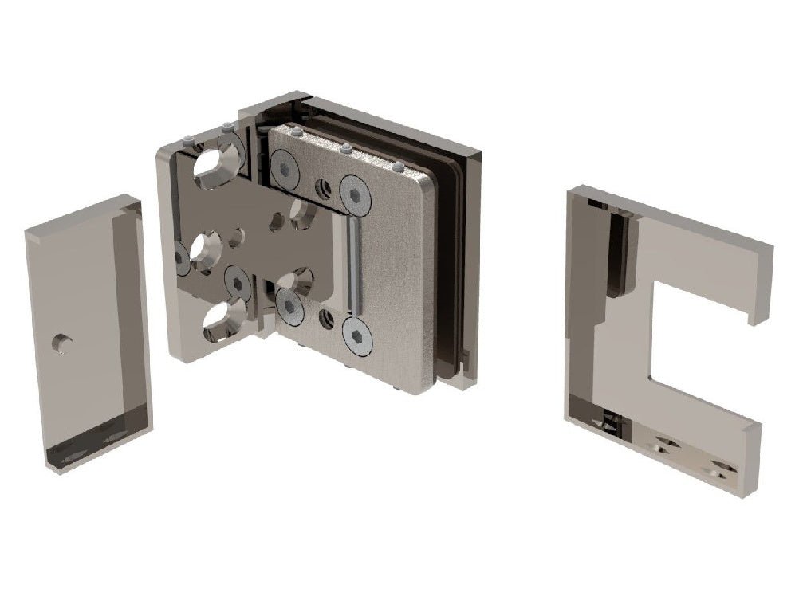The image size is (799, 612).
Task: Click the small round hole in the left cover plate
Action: click(x=61, y=343)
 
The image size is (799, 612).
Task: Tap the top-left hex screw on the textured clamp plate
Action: click(x=285, y=168)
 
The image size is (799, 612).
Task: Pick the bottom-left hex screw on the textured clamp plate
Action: click(x=289, y=306)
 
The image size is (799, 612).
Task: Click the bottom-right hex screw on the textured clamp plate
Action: click(x=357, y=335)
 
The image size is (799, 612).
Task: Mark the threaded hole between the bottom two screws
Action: click(x=325, y=319)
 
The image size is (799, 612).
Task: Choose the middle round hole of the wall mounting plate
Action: click(x=205, y=247)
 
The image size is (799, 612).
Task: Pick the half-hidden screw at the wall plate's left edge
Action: click(x=182, y=258)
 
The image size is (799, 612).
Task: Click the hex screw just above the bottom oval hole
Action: click(x=238, y=282)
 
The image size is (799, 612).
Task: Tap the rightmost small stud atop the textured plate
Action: click(x=397, y=167)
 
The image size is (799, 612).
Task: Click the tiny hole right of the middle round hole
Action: click(x=236, y=238)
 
